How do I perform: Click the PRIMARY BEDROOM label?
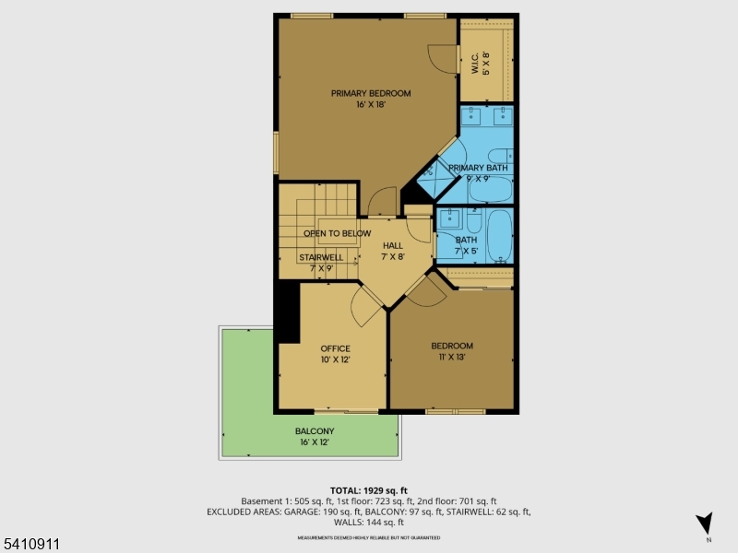coord(371,93)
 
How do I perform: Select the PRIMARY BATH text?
coord(478,168)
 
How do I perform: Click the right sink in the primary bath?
coord(503,116)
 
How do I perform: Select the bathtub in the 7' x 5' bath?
coord(500,236)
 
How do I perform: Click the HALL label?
coord(393,245)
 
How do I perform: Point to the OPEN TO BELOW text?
coord(337,233)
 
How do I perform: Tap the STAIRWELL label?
coord(321,257)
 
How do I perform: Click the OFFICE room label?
coord(335,348)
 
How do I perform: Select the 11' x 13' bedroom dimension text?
coord(452,357)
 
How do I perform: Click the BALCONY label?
coord(315,431)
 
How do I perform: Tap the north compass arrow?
coord(706,523)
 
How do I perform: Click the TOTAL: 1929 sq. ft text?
coord(369,489)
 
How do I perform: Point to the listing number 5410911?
coord(30,545)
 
